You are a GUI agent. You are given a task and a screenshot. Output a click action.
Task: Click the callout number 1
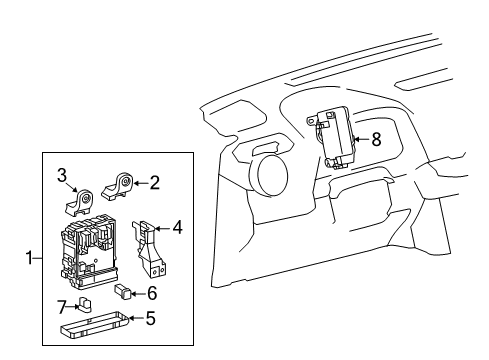click(x=30, y=259)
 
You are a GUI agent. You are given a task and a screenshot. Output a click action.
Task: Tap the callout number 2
click(x=155, y=182)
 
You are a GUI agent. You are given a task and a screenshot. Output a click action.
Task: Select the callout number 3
click(x=60, y=176)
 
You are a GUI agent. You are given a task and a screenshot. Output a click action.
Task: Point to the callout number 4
click(x=177, y=228)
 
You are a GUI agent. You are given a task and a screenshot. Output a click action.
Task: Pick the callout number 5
click(x=150, y=321)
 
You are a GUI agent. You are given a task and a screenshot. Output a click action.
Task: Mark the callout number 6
click(x=152, y=293)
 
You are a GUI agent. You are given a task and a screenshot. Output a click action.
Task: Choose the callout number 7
click(x=60, y=304)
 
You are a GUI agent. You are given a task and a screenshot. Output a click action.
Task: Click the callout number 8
click(x=376, y=140)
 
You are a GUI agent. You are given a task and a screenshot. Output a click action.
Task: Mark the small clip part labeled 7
click(x=85, y=304)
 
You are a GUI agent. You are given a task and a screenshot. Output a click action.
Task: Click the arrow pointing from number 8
click(x=361, y=140)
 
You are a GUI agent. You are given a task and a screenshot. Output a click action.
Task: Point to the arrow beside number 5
click(x=135, y=321)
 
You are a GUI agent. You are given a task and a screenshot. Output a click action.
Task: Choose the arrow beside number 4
click(x=163, y=228)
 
